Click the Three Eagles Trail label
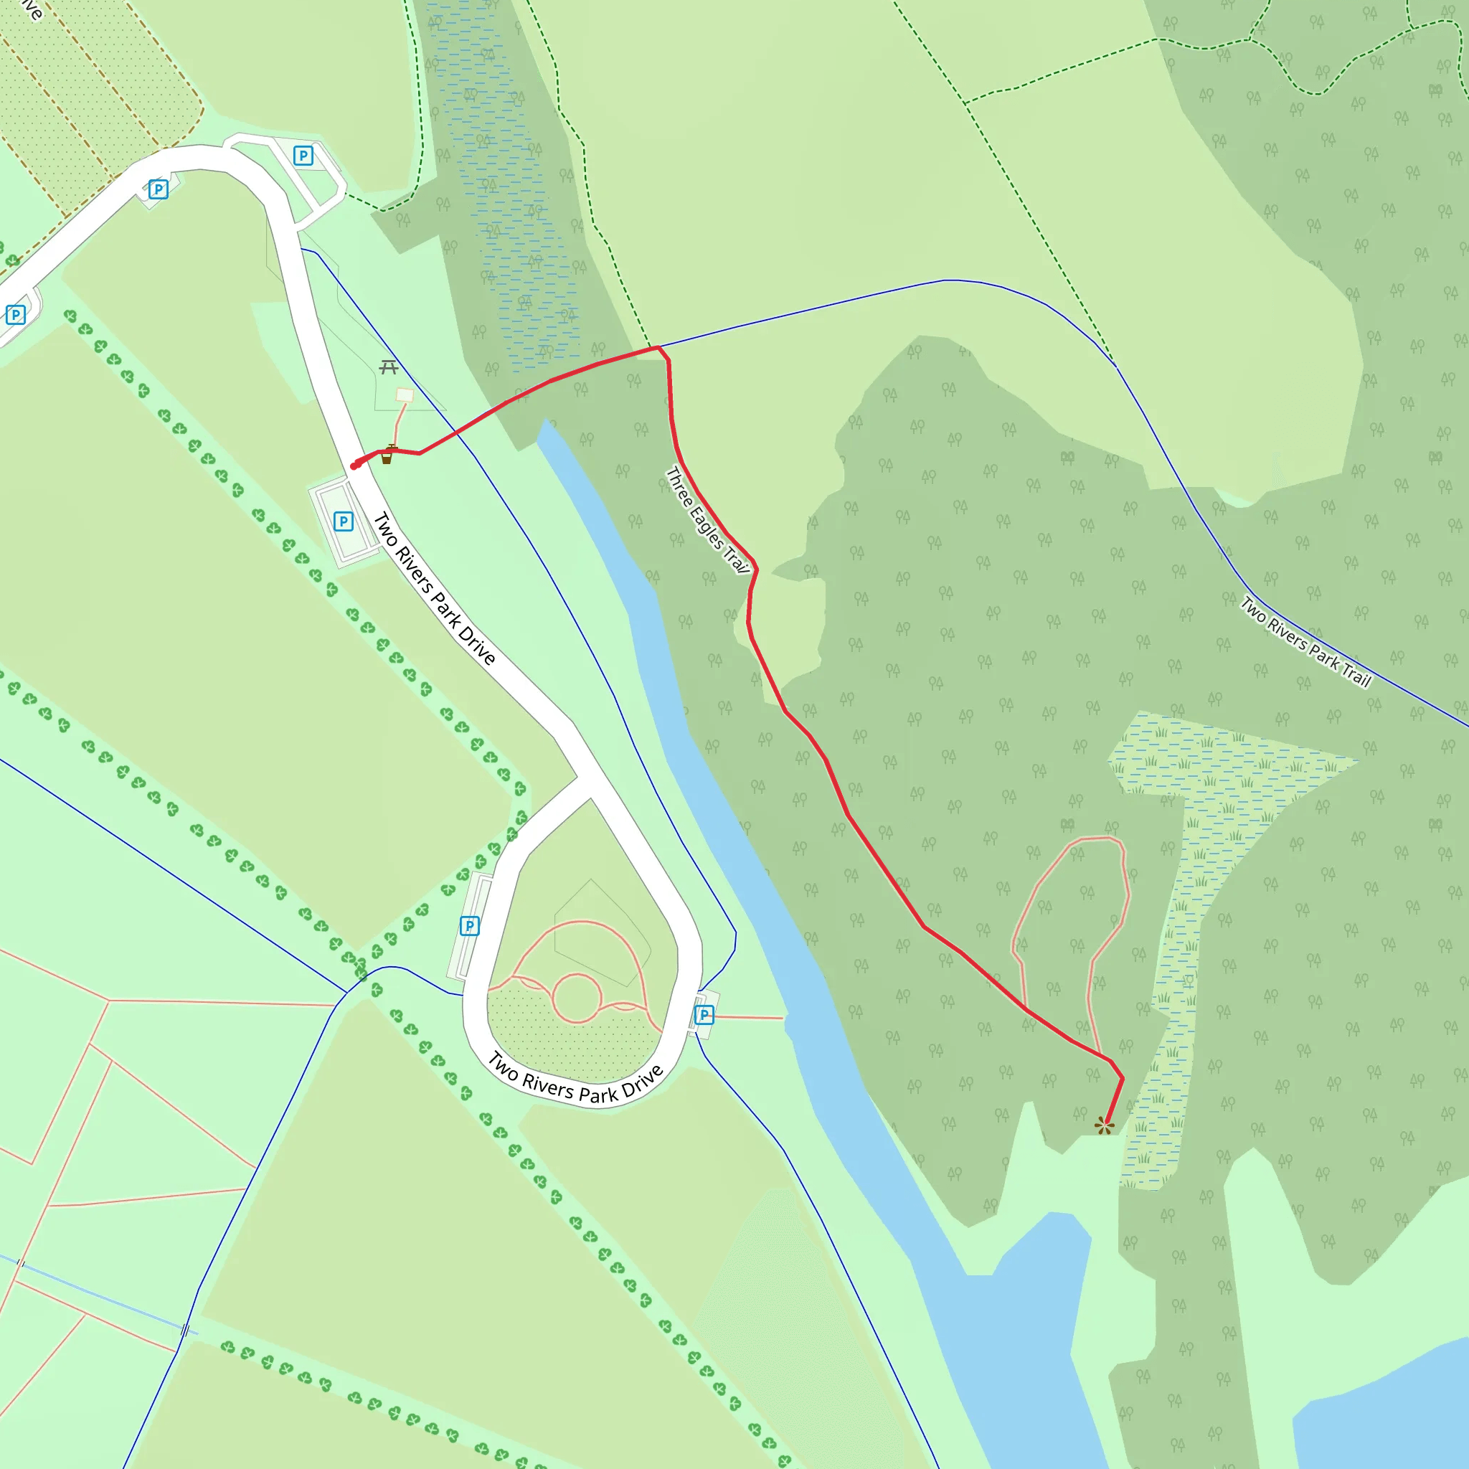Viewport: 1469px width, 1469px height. tap(707, 520)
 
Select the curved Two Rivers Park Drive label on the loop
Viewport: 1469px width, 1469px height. tap(575, 1079)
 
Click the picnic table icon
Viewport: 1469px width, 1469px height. tap(389, 368)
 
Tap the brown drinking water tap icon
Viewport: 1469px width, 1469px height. tap(387, 455)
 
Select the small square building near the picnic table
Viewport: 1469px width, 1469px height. tap(405, 395)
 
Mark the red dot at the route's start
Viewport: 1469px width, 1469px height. tap(354, 466)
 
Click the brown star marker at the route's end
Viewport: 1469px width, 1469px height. tap(1104, 1125)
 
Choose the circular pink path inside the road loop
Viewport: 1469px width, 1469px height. tap(577, 998)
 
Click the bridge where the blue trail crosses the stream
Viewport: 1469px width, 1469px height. tap(185, 1330)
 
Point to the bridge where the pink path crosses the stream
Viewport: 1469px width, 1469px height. tap(21, 1264)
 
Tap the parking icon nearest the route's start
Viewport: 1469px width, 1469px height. tap(344, 521)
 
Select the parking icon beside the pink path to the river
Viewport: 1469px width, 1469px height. tap(704, 1014)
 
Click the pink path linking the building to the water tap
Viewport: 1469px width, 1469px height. tap(397, 423)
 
